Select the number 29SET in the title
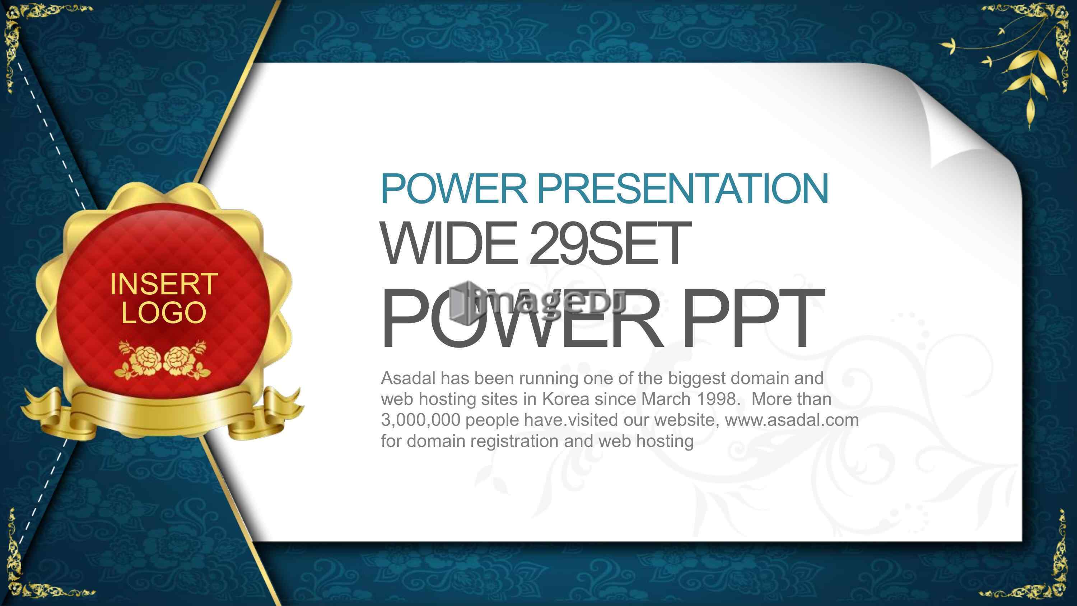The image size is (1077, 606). point(611,244)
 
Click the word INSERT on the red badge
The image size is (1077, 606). point(163,284)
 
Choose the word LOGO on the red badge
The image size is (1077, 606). point(163,312)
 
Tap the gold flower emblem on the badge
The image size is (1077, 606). point(163,360)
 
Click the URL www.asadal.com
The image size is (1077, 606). point(792,420)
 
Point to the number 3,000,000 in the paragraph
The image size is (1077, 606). point(421,420)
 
